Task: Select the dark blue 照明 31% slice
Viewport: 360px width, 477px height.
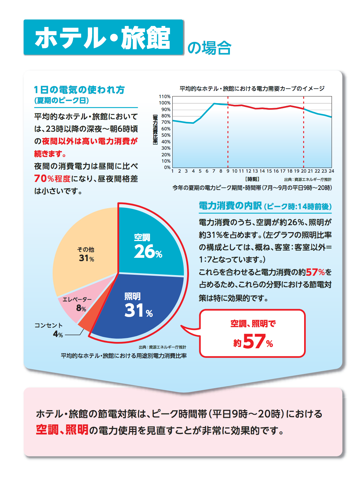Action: click(x=140, y=306)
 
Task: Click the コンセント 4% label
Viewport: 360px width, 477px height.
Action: click(x=49, y=330)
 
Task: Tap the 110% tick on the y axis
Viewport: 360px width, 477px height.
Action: click(x=165, y=96)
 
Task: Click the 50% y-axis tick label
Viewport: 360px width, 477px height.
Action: click(x=166, y=135)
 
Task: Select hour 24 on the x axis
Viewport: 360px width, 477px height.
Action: click(x=331, y=171)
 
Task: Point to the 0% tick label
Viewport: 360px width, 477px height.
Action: click(x=167, y=167)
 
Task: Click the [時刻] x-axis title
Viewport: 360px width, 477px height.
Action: click(x=252, y=179)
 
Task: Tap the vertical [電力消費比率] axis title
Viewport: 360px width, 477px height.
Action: click(x=155, y=129)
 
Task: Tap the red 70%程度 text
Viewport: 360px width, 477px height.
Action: click(x=52, y=179)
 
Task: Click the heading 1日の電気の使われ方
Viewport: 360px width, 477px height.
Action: click(x=79, y=90)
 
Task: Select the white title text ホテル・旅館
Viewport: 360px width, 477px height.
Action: click(x=103, y=38)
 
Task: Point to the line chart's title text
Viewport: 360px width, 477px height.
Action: click(x=252, y=88)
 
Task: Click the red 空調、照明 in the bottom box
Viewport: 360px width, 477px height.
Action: click(x=62, y=430)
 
